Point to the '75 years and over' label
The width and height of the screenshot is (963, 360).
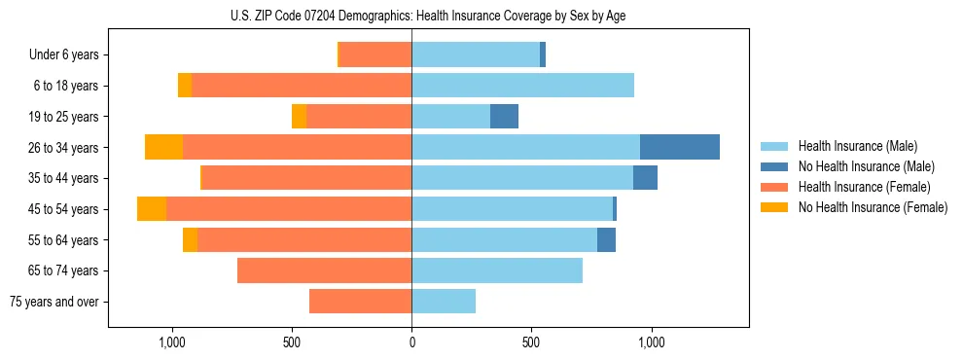54,302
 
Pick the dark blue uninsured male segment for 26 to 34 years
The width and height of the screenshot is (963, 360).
679,147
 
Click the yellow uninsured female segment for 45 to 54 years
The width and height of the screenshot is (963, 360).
152,209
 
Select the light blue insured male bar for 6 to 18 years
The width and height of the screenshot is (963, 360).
522,86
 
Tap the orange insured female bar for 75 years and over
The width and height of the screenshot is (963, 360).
360,302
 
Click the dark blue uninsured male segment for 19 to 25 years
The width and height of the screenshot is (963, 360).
504,117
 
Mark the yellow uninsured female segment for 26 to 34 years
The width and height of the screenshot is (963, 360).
163,147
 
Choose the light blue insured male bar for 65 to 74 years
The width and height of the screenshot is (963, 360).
497,270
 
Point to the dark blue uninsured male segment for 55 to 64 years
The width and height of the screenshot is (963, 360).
606,239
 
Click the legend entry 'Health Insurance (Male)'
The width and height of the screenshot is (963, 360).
857,146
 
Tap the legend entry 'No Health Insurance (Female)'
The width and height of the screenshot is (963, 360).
873,207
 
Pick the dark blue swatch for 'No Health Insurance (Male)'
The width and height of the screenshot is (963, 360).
774,166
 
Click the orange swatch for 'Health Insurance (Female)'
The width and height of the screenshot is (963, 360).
774,187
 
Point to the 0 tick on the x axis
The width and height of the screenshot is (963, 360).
411,342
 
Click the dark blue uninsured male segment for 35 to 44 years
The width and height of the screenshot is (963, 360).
645,178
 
